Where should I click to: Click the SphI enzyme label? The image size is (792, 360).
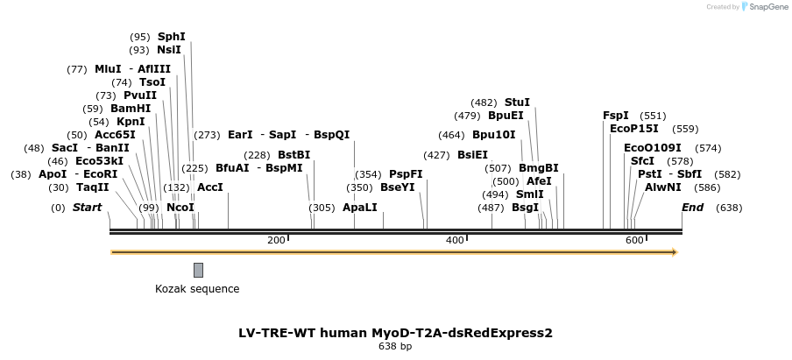pyautogui.click(x=172, y=37)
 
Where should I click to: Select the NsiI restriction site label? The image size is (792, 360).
pyautogui.click(x=169, y=50)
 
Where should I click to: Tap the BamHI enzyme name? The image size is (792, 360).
pyautogui.click(x=131, y=109)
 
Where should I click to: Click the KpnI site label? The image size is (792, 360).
pyautogui.click(x=131, y=122)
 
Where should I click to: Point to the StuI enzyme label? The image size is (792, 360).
pyautogui.click(x=517, y=102)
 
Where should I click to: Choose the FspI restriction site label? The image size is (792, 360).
pyautogui.click(x=616, y=116)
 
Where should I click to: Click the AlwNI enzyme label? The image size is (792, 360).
pyautogui.click(x=663, y=187)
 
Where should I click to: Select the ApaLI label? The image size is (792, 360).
pyautogui.click(x=360, y=208)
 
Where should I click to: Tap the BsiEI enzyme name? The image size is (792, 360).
pyautogui.click(x=472, y=155)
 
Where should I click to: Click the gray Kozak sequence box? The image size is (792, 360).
pyautogui.click(x=199, y=270)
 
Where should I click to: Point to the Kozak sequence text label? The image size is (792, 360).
pyautogui.click(x=197, y=289)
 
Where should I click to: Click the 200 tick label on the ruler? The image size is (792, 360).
pyautogui.click(x=276, y=240)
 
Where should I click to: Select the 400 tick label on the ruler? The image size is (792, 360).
pyautogui.click(x=455, y=240)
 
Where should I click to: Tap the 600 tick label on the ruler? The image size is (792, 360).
pyautogui.click(x=633, y=240)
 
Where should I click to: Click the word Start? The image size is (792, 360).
pyautogui.click(x=87, y=208)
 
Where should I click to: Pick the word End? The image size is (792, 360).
pyautogui.click(x=692, y=208)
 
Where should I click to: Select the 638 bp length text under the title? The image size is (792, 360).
pyautogui.click(x=395, y=347)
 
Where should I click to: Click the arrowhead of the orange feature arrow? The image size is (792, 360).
pyautogui.click(x=675, y=252)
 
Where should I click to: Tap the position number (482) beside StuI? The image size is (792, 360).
pyautogui.click(x=484, y=102)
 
